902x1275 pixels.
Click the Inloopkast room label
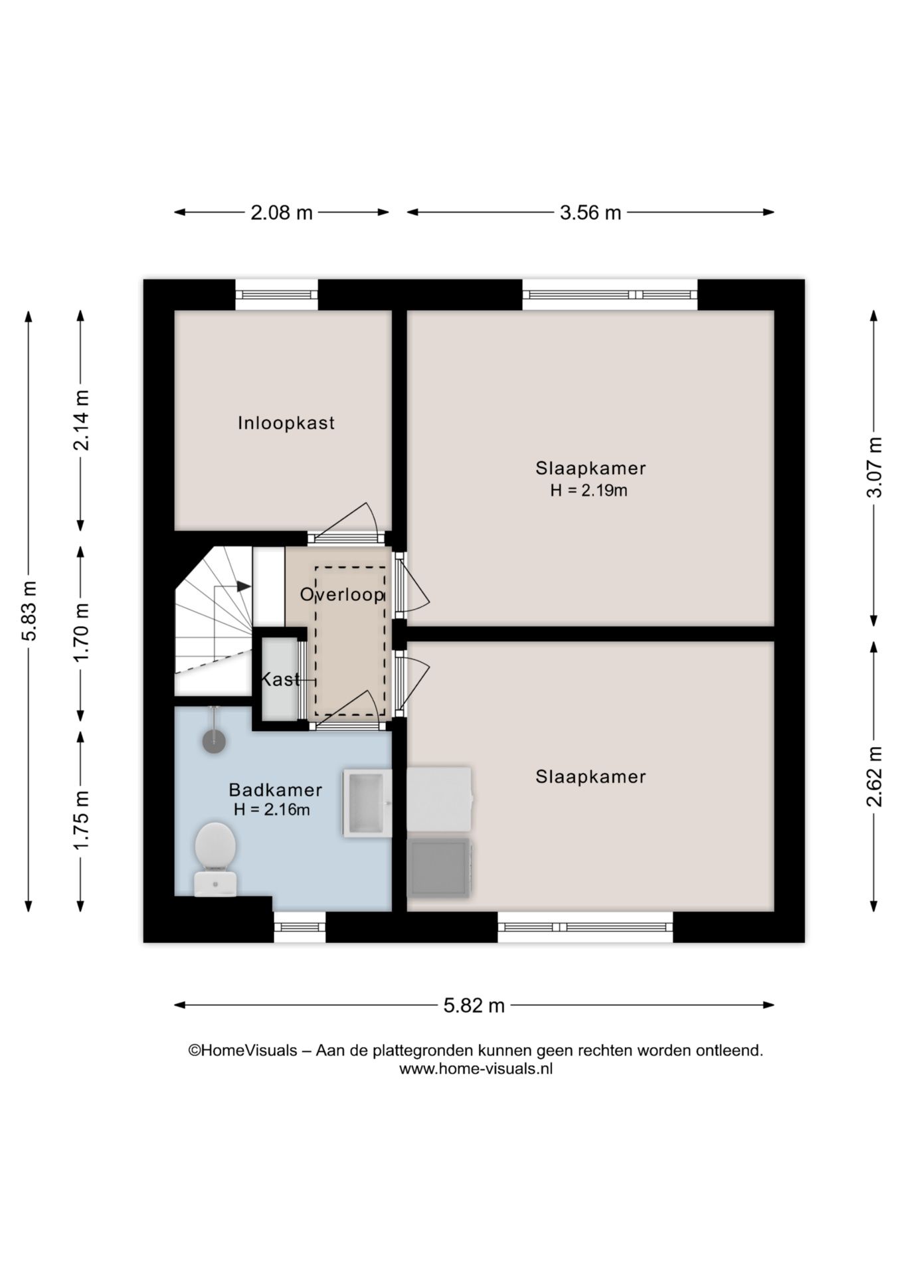(286, 423)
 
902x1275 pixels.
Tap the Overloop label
(341, 594)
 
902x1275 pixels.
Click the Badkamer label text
(275, 790)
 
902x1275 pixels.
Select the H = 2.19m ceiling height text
(588, 491)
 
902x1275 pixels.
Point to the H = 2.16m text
(272, 809)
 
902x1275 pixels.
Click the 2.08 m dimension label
(281, 212)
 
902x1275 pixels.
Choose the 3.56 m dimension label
(590, 212)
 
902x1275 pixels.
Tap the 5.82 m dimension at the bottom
(474, 1005)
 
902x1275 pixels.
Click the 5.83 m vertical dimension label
(29, 610)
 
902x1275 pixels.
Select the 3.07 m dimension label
(875, 467)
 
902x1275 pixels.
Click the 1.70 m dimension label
(81, 632)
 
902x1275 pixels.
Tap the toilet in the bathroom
(215, 857)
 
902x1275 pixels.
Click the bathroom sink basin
(366, 803)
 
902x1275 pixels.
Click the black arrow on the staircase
(243, 586)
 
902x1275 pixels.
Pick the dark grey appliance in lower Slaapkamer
(438, 867)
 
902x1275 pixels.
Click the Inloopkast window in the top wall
(276, 294)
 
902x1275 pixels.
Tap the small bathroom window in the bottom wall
(299, 927)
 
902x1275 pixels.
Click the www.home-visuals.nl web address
(476, 1068)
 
